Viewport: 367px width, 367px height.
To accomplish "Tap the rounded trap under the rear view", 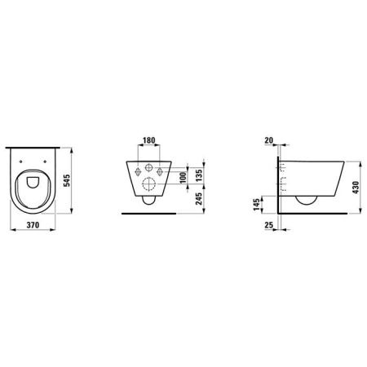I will [x=148, y=199].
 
